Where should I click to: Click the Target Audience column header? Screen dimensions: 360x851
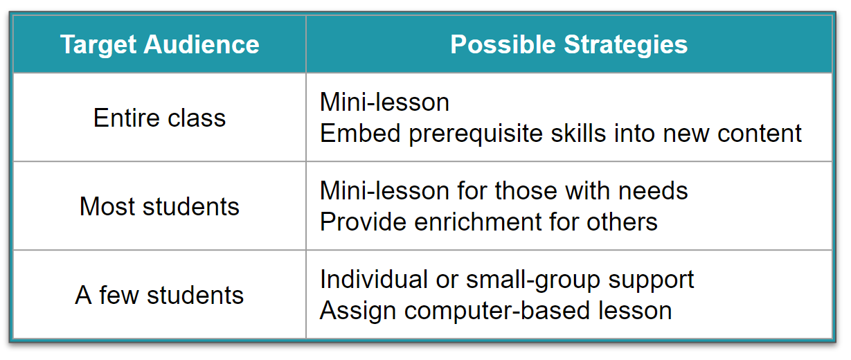[x=159, y=45]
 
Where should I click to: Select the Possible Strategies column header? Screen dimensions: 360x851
[x=568, y=45]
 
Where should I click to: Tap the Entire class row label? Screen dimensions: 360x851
[x=159, y=118]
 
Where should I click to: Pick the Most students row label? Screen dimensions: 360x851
[x=159, y=206]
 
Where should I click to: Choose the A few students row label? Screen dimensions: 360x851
[x=159, y=296]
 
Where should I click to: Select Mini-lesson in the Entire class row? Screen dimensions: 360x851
[x=384, y=102]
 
